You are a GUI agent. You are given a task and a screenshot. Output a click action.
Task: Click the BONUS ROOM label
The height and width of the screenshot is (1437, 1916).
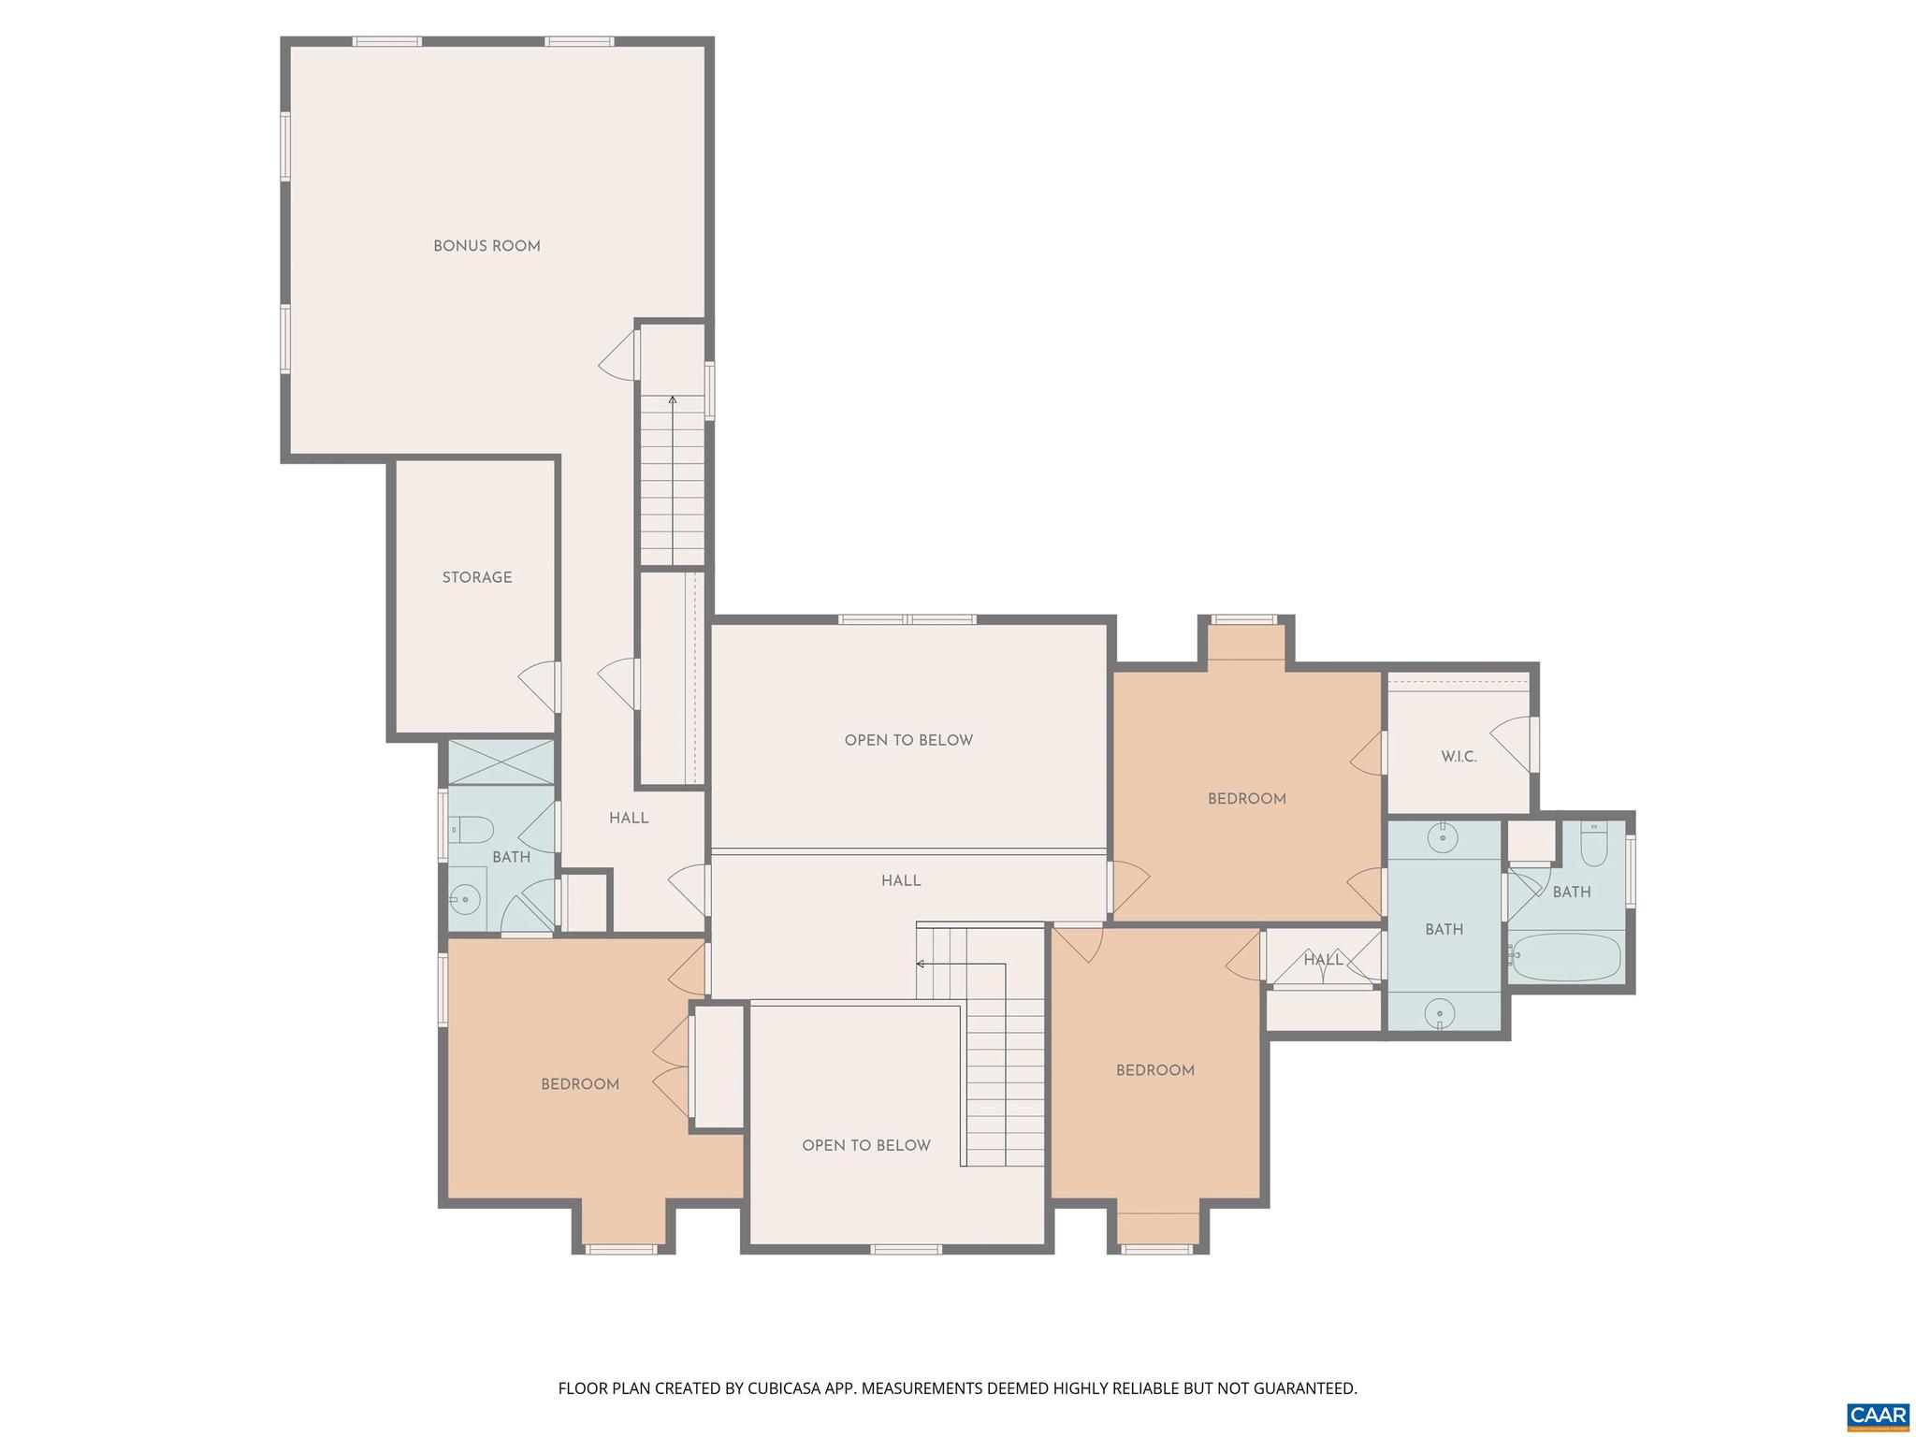point(486,246)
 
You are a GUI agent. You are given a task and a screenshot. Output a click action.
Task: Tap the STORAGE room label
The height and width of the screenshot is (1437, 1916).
point(477,577)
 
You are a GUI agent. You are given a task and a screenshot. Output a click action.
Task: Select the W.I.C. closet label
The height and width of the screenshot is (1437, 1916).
point(1459,757)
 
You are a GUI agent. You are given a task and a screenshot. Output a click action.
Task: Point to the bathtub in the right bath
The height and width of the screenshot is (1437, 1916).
point(1566,958)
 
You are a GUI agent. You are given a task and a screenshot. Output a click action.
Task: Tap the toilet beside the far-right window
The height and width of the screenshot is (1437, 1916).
point(1593,845)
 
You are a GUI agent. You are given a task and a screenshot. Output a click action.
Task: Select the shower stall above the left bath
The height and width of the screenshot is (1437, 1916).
point(501,762)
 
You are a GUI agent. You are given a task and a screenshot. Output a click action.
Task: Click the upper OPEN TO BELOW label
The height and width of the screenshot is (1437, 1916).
point(908,740)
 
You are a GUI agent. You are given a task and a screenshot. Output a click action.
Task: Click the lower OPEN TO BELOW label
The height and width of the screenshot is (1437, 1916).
point(866,1145)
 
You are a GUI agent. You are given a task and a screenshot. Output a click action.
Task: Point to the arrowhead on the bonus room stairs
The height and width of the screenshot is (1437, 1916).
point(672,400)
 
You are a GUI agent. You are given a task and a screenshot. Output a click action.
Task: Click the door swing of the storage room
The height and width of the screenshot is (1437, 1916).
point(537,686)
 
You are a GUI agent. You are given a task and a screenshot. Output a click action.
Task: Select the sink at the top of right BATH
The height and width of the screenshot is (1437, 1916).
point(1444,837)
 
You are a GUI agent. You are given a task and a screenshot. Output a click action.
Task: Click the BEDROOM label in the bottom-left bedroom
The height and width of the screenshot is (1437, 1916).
point(580,1084)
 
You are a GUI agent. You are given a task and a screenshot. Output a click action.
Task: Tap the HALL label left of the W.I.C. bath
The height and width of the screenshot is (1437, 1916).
point(1323,959)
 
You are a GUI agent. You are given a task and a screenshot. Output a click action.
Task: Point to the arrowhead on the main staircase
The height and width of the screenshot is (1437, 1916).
point(921,964)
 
